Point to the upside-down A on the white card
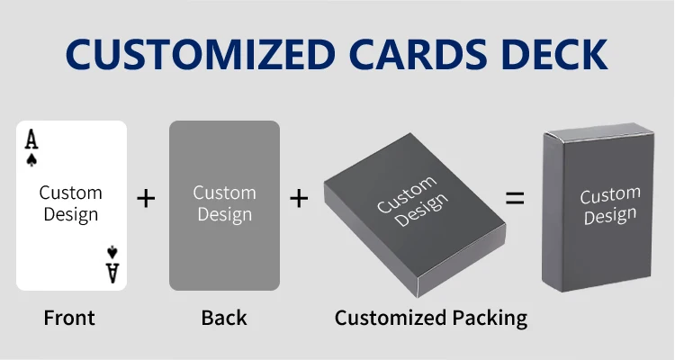coord(112,272)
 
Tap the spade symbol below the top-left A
coord(31,160)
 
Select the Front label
coord(69,318)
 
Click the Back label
coord(224,318)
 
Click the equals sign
coord(515,199)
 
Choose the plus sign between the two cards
coord(146,198)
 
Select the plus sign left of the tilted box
coord(299,198)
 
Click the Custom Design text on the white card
coord(70,203)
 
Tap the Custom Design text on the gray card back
coord(224,203)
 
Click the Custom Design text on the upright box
coord(608,206)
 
